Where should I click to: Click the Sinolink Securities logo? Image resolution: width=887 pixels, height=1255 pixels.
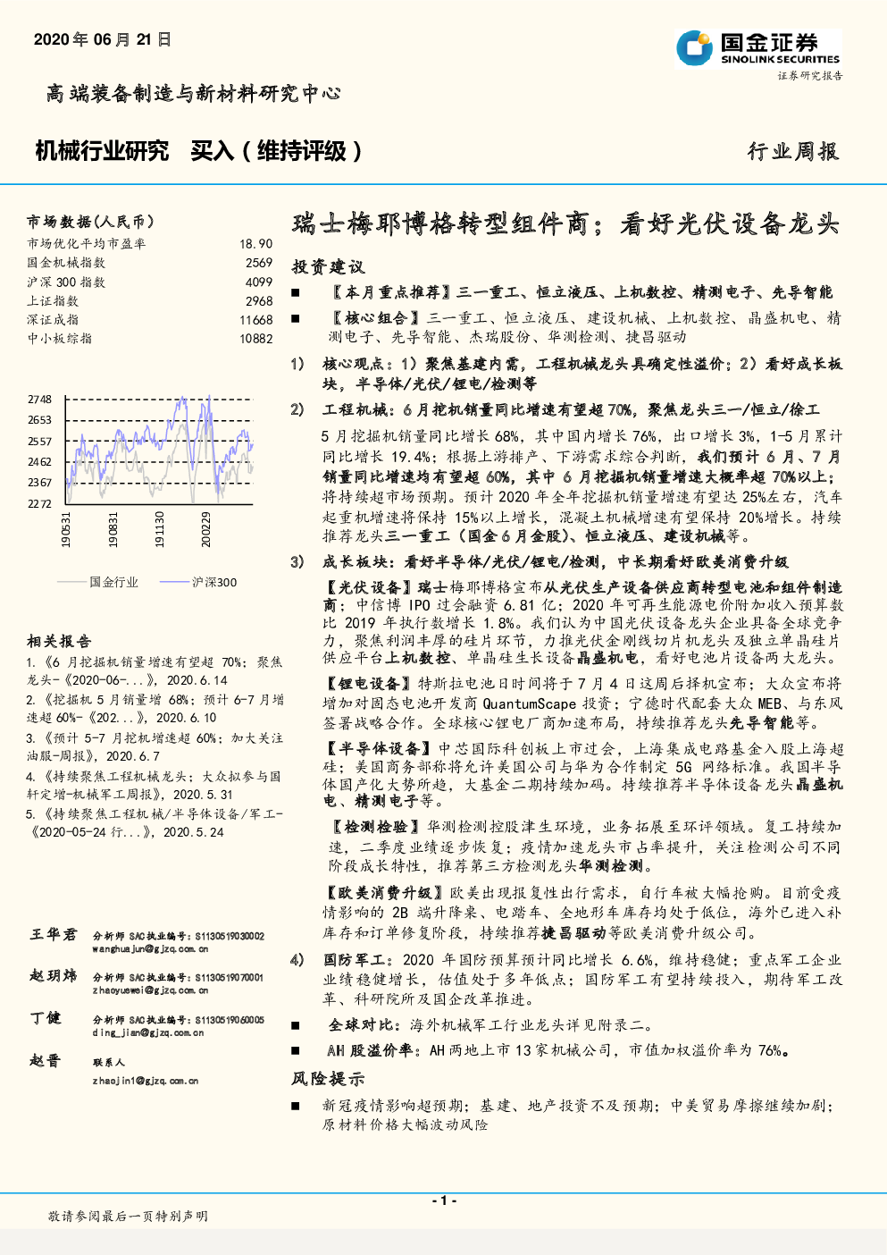(x=759, y=47)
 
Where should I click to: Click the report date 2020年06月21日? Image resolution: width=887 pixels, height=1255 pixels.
(x=102, y=40)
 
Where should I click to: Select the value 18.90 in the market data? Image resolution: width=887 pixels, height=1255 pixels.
(x=255, y=244)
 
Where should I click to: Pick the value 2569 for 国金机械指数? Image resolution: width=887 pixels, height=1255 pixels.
(x=259, y=263)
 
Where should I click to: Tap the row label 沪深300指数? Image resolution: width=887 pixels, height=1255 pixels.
(x=66, y=282)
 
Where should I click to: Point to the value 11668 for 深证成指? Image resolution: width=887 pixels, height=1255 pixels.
(x=255, y=320)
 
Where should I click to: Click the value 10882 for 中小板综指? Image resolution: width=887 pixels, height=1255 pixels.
(x=255, y=339)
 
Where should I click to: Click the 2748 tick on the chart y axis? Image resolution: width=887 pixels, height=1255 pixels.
(x=39, y=400)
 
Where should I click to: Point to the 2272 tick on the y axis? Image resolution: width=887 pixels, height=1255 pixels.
(x=39, y=504)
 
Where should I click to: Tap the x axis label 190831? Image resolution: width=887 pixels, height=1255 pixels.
(x=113, y=530)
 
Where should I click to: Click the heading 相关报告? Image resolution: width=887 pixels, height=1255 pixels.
(x=59, y=641)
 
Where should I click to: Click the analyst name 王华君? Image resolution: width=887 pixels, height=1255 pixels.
(x=54, y=934)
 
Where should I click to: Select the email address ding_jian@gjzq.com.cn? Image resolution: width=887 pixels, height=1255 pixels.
(x=148, y=1032)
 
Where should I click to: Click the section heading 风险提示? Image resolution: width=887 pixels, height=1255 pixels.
(x=328, y=1079)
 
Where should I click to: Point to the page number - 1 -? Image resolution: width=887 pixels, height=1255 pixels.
(x=443, y=1200)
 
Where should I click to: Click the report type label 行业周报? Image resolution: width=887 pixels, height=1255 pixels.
(x=793, y=152)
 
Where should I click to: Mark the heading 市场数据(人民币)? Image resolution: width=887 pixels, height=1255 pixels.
(x=90, y=222)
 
